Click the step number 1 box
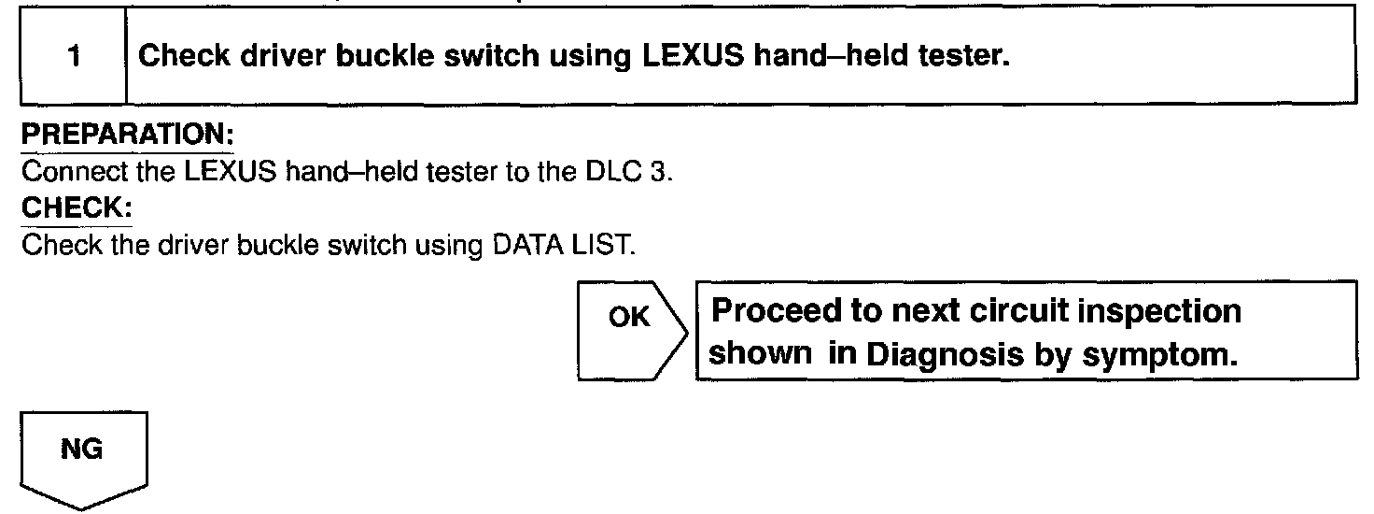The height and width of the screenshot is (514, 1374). [73, 56]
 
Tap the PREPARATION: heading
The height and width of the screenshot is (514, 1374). [127, 136]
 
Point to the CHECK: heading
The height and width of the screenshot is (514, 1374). [77, 209]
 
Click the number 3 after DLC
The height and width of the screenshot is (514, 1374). [659, 174]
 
